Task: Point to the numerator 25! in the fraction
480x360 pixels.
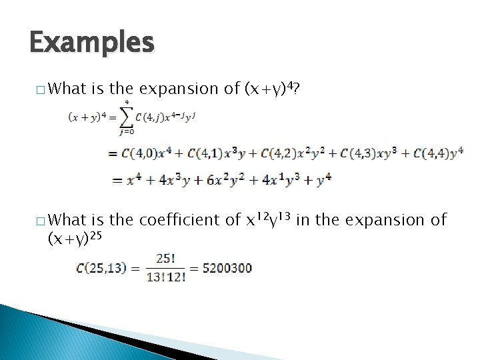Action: (165, 259)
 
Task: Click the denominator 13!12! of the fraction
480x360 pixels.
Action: (165, 277)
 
